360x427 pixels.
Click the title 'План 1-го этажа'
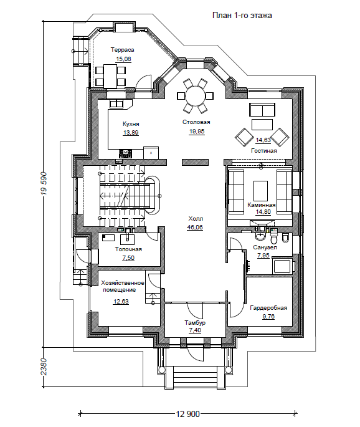242,15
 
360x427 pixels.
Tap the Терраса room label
122,50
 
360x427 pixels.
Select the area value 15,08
123,59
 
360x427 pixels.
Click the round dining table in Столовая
195,95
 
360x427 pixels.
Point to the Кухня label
131,124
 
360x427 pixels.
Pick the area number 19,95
197,132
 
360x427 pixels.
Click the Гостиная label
263,151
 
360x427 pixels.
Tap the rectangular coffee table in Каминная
261,191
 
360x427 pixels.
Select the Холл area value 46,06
195,228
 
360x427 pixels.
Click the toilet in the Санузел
273,237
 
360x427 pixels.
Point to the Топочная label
128,249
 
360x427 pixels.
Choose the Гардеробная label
268,308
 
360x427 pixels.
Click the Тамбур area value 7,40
195,330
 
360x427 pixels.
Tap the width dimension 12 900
188,414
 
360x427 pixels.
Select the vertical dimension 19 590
44,183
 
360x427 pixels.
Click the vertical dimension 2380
44,367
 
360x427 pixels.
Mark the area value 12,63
121,302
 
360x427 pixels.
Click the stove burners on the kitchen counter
125,153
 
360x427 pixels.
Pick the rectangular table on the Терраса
110,75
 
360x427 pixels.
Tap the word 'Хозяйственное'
123,283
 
